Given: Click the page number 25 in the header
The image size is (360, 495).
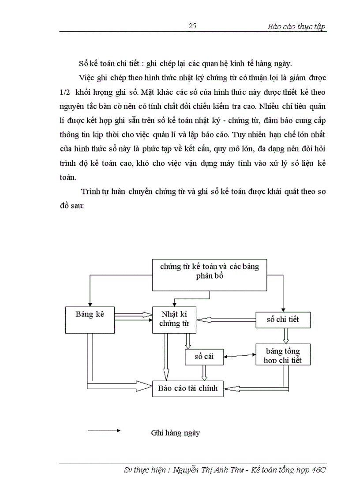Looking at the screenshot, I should [192, 26].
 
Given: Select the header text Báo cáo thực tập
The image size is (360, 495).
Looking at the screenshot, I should [296, 26].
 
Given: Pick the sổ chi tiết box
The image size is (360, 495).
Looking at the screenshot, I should [283, 319].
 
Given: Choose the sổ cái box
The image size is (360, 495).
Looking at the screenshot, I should [204, 356].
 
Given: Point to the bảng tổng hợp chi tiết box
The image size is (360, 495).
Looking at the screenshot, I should [283, 355].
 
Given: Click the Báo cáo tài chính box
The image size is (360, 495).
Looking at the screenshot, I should [187, 388].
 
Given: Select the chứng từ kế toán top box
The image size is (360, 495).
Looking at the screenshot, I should [209, 271].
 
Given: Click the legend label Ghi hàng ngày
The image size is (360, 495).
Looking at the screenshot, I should [175, 432].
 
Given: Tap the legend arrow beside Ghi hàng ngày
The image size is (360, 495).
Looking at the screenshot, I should [104, 430].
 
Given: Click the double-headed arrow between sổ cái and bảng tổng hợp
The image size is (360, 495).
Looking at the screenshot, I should [240, 355].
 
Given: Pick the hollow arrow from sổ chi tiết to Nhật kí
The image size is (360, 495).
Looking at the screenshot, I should [226, 320].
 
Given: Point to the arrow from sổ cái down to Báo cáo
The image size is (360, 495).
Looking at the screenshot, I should [203, 373].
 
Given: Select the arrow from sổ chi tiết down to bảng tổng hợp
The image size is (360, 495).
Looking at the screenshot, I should [285, 335].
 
